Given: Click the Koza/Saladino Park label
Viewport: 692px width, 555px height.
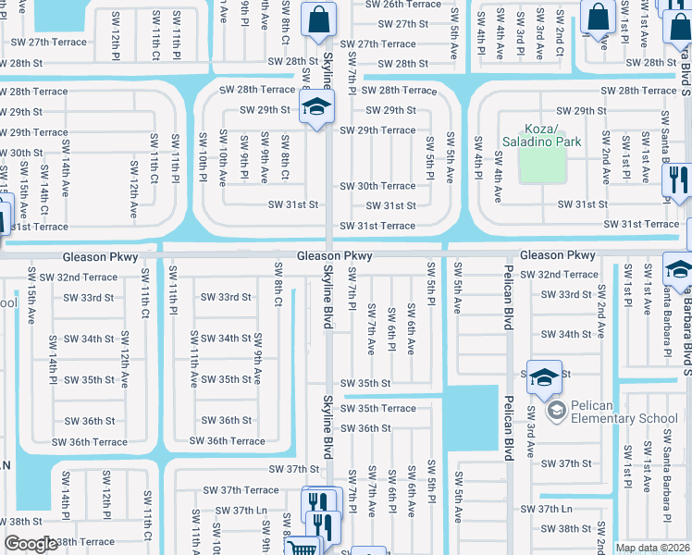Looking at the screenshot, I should click(542, 135).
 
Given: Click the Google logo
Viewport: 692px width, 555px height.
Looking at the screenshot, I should click(31, 544).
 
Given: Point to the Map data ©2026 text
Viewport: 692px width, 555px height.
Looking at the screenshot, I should click(653, 548).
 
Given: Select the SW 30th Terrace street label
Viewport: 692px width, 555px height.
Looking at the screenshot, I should click(377, 186).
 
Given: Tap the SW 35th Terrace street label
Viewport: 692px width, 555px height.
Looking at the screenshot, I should click(377, 408).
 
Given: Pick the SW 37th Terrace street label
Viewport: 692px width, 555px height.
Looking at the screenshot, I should click(242, 490).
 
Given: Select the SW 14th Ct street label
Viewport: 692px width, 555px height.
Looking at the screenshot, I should click(44, 199).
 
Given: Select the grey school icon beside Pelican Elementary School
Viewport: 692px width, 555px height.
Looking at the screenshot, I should click(556, 409).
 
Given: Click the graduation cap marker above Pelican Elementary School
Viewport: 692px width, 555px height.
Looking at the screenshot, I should click(544, 376).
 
